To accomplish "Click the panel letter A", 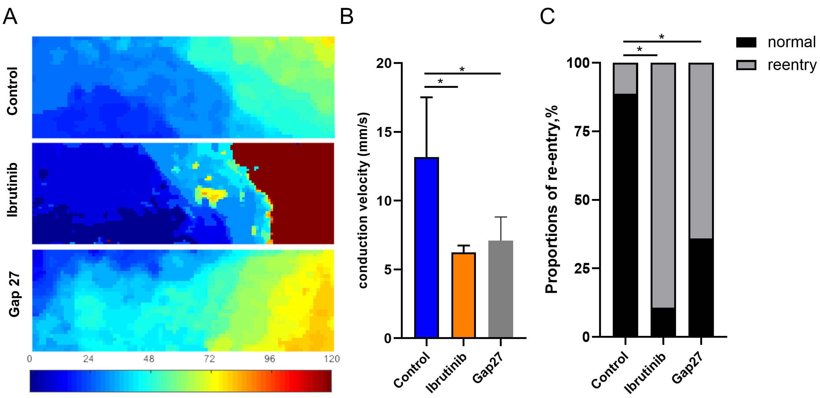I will click(10, 16).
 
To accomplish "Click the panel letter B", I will click(347, 16).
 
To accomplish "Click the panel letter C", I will click(547, 16).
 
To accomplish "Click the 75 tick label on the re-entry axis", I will click(582, 131).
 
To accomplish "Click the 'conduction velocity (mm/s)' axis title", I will click(363, 200).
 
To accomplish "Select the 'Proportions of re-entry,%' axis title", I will click(552, 199).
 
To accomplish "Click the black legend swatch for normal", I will click(746, 42).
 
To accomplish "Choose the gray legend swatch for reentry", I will click(746, 65).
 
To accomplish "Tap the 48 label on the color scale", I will click(149, 359).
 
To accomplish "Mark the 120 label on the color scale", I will click(332, 359).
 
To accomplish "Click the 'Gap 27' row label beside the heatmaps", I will click(14, 294).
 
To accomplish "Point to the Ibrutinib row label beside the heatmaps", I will click(13, 190).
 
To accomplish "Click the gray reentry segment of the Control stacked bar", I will click(625, 79).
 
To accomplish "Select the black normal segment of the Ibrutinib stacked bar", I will click(663, 322).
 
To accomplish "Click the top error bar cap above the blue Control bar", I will click(427, 97).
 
